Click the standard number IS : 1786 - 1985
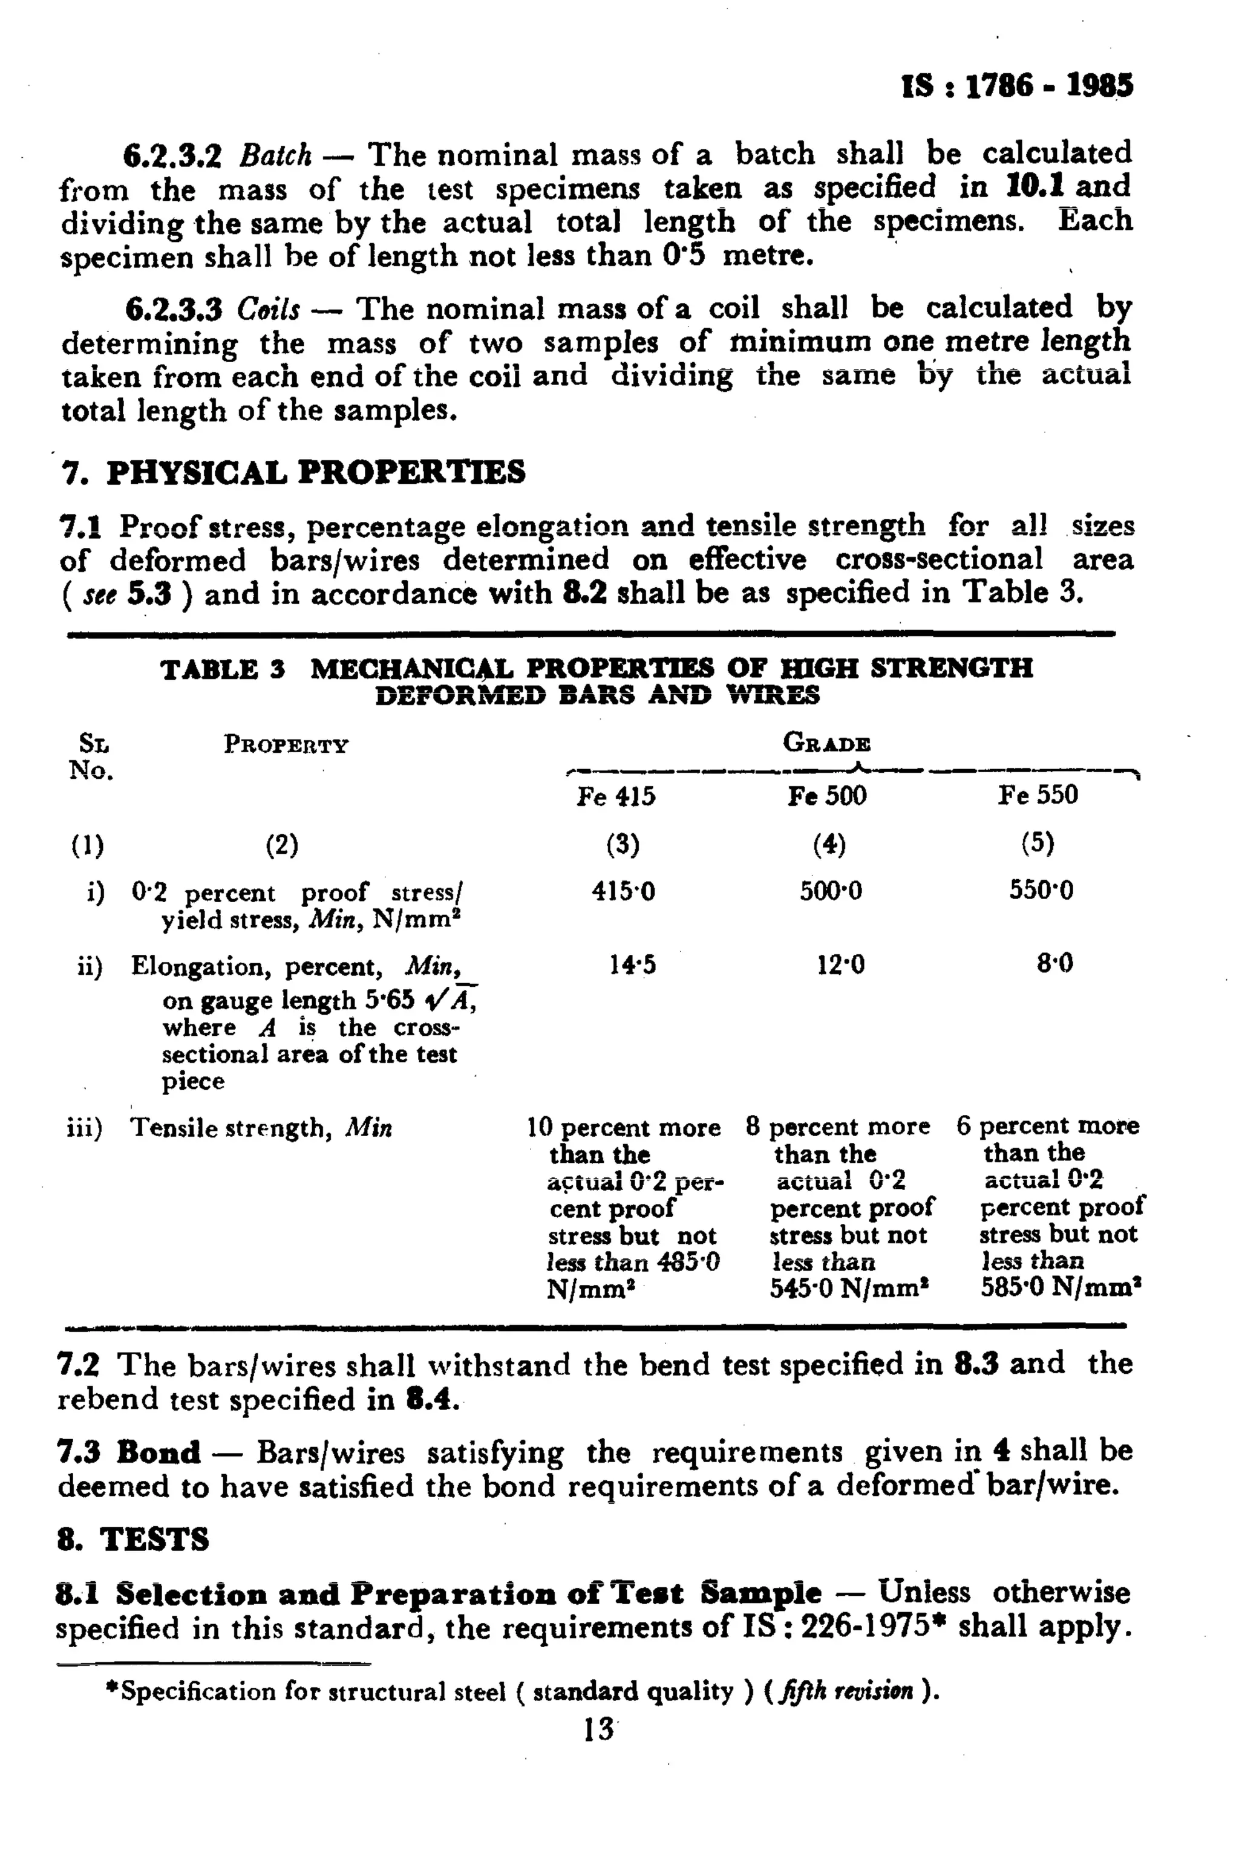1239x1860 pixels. [1017, 86]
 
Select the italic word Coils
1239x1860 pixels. [269, 310]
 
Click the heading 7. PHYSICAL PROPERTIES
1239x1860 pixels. [292, 472]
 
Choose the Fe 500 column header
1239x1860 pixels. [826, 795]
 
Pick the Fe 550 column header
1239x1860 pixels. [1037, 795]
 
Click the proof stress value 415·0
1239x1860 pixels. [624, 892]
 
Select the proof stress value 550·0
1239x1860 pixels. [1041, 891]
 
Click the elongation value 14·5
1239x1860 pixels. [632, 965]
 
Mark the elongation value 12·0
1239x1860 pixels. [840, 965]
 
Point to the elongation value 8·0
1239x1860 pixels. [1055, 964]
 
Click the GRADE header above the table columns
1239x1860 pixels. [826, 743]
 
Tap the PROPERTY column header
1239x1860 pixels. [286, 744]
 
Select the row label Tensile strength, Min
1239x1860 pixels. [261, 1128]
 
